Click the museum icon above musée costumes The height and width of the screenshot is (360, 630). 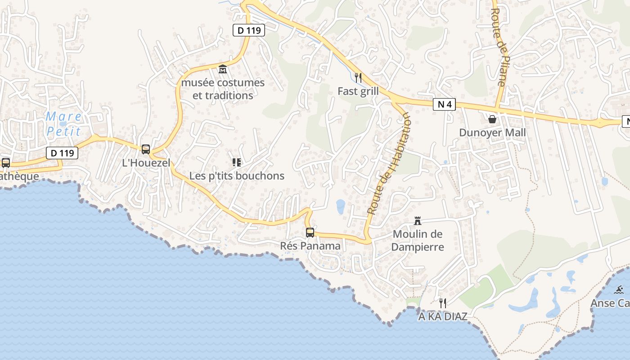click(222, 69)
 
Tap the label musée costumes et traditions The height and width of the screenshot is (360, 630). click(223, 89)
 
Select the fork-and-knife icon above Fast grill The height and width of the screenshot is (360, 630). click(358, 78)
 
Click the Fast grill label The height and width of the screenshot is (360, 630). click(358, 91)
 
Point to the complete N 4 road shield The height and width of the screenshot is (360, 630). click(444, 105)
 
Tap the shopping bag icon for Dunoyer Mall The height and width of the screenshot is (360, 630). click(492, 119)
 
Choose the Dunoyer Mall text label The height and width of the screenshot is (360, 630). click(492, 133)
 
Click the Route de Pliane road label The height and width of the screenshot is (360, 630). click(499, 47)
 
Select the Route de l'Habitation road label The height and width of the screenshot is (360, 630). click(390, 163)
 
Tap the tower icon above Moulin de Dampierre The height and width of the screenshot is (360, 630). click(418, 220)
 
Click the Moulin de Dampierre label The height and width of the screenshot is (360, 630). click(418, 240)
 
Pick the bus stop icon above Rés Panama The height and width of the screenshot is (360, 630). click(310, 232)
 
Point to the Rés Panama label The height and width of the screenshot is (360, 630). click(310, 246)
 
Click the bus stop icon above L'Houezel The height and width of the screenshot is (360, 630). click(146, 149)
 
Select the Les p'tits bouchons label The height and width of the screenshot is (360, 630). click(237, 176)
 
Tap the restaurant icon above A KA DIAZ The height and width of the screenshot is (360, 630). click(443, 303)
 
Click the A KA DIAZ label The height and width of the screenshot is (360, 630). click(443, 316)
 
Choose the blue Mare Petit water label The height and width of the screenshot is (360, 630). click(63, 124)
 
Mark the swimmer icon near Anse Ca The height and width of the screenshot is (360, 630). click(619, 289)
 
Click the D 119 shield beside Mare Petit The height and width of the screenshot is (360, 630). click(62, 153)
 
